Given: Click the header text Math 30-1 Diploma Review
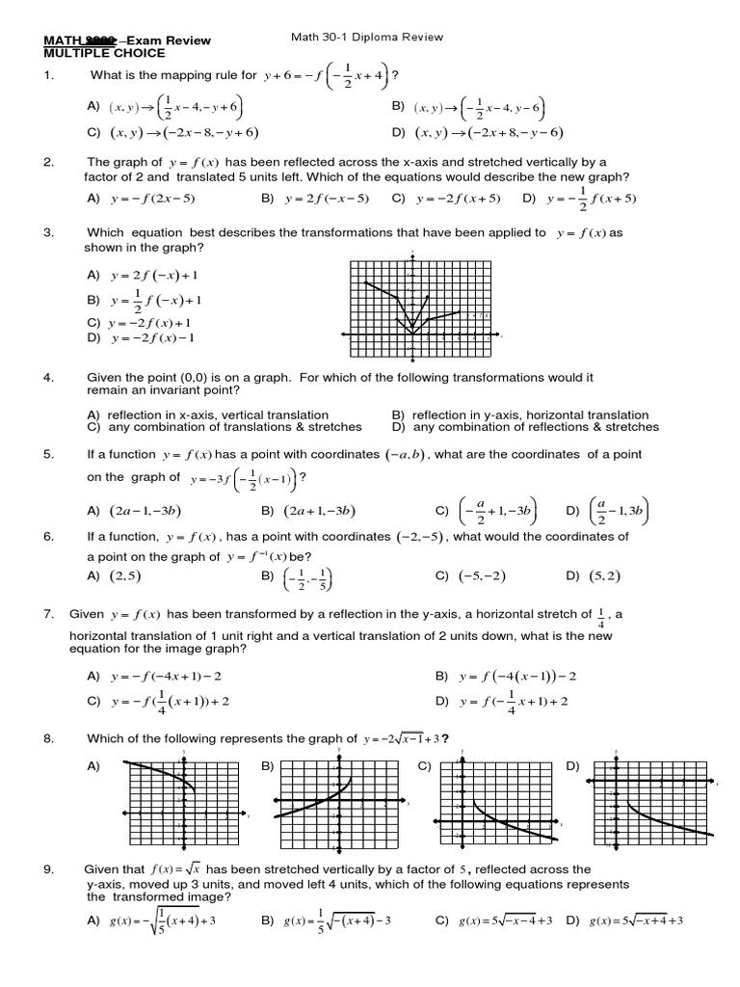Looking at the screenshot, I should click(366, 38).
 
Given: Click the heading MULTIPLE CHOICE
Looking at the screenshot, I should click(105, 53).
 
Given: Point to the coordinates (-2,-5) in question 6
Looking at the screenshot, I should click(420, 537).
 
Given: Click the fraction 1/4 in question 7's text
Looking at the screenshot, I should click(602, 615).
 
